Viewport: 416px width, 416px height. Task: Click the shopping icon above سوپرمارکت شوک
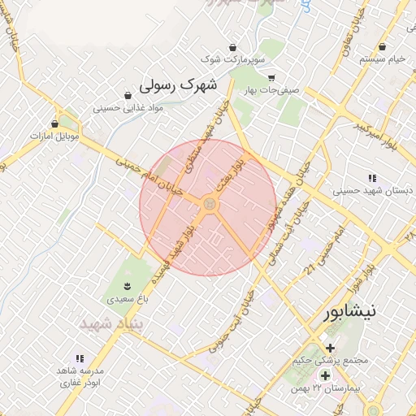(233, 46)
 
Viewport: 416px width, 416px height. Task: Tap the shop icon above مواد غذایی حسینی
(128, 96)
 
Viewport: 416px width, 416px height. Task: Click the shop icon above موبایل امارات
(54, 123)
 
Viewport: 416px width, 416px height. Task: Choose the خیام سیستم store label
(382, 60)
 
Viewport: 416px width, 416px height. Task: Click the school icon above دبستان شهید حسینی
(372, 177)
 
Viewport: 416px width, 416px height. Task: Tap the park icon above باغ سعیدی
(126, 284)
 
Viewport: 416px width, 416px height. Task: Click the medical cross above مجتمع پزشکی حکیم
(330, 347)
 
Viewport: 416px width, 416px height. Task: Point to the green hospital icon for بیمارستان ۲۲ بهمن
(325, 375)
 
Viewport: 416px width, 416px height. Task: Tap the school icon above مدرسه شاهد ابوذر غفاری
(80, 357)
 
